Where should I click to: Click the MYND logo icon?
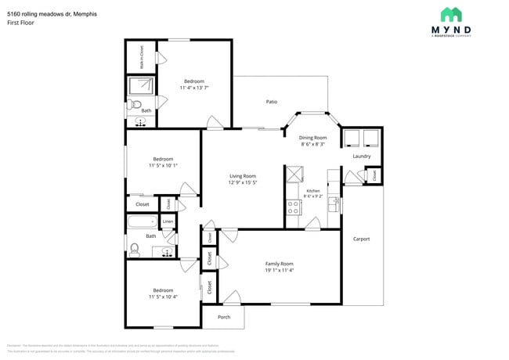click(x=450, y=14)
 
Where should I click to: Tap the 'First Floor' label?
click(x=20, y=23)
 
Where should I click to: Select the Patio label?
click(x=271, y=102)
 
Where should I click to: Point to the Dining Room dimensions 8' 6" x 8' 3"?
click(x=313, y=144)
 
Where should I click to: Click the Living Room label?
click(x=242, y=176)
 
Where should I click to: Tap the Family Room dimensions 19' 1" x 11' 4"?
click(x=279, y=271)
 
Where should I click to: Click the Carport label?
click(x=361, y=239)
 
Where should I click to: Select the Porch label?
click(x=224, y=317)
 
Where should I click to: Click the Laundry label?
click(x=361, y=156)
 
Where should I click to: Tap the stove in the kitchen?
click(x=294, y=207)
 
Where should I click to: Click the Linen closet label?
click(x=168, y=222)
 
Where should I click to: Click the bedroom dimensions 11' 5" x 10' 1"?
click(x=163, y=165)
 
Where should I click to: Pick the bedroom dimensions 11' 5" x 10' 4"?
click(x=163, y=297)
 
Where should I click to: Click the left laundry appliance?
click(x=351, y=137)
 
